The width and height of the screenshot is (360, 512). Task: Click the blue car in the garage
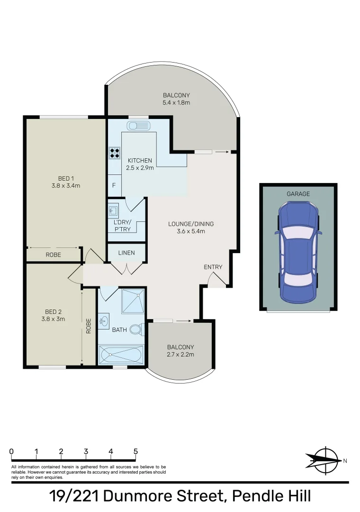(298, 252)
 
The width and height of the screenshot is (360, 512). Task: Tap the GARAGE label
(298, 193)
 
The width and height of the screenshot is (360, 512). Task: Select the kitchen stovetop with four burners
(115, 153)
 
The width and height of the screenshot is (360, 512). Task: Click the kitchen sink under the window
(138, 126)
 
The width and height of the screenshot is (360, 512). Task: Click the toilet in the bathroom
(135, 329)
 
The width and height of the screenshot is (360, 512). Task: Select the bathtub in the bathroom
(120, 354)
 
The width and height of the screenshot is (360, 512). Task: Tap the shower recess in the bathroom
(133, 301)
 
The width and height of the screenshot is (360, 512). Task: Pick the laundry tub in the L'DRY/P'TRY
(113, 210)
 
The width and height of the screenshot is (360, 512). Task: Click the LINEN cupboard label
(126, 253)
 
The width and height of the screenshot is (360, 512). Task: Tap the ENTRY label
(213, 267)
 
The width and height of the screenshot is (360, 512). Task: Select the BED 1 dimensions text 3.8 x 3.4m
(66, 186)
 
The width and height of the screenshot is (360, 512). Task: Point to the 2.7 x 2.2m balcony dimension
(181, 354)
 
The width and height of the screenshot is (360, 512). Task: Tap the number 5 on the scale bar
(135, 451)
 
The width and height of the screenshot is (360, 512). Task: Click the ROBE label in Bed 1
(53, 255)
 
